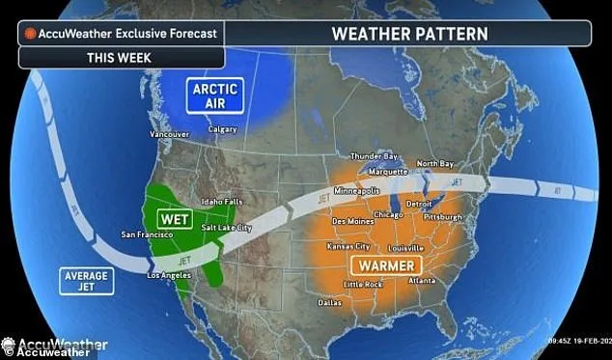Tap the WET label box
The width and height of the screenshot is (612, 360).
(174, 219)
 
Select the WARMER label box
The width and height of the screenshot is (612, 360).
(382, 264)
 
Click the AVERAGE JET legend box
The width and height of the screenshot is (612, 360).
(86, 280)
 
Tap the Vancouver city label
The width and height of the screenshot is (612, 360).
(169, 134)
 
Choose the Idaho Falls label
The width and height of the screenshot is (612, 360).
(219, 201)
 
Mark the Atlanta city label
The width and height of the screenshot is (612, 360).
(421, 281)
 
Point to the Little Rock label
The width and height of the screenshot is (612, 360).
(364, 285)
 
